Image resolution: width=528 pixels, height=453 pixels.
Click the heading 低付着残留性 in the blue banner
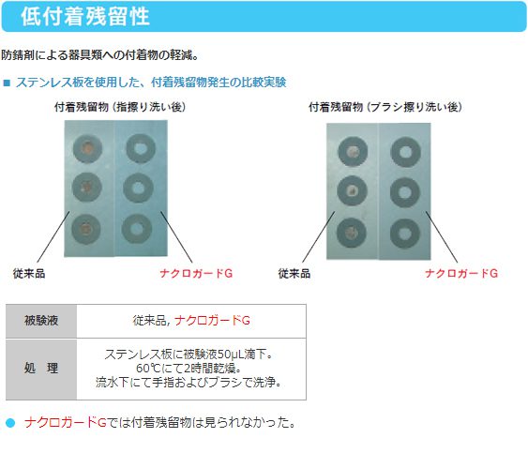85,16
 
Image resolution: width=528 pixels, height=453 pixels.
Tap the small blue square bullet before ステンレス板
7,83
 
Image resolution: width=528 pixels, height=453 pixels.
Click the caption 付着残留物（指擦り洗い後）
120,107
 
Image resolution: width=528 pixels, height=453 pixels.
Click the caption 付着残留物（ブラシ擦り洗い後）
385,107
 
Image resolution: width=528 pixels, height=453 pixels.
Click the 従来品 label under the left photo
29,273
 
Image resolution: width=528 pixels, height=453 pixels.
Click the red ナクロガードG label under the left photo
196,273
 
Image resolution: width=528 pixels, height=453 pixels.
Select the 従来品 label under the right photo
294,273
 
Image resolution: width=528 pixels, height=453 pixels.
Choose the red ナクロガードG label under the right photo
461,273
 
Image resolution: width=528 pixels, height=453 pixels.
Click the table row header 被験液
41,321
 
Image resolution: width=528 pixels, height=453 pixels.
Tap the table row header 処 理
41,369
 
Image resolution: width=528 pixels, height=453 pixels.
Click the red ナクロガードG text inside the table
212,321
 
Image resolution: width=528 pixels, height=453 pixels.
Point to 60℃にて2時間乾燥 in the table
189,369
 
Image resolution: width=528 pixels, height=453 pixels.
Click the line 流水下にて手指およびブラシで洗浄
189,383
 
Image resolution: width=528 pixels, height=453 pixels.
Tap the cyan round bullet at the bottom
10,423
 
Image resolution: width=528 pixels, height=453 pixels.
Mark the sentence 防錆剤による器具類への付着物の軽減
99,55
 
